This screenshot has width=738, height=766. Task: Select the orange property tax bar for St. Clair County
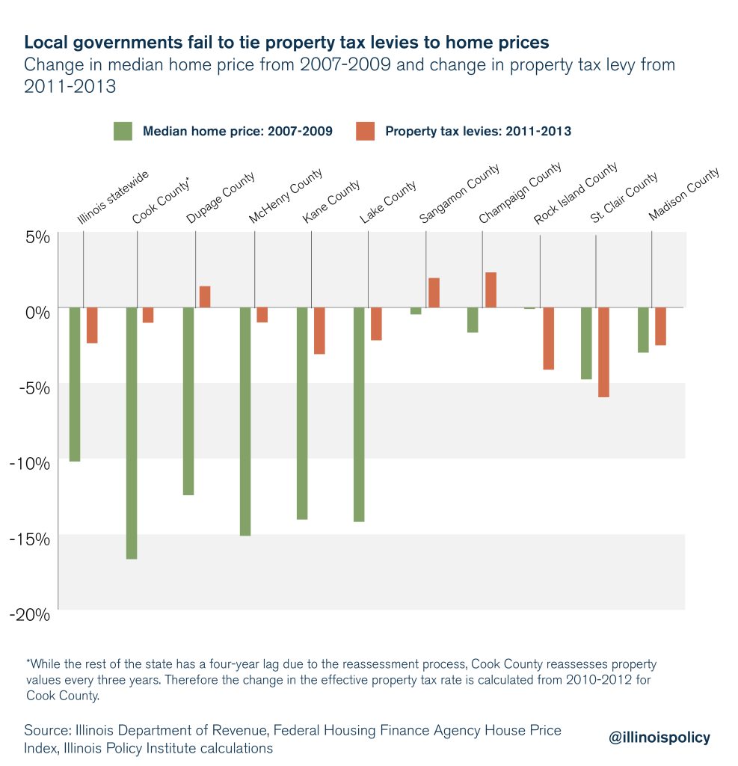(x=603, y=352)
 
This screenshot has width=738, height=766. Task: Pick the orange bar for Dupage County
(x=205, y=297)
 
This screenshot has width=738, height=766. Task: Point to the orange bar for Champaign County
(x=491, y=290)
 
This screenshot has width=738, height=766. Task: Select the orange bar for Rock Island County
(x=548, y=338)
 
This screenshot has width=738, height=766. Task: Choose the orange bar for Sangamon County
(x=434, y=292)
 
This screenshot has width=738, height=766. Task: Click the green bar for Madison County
(x=643, y=330)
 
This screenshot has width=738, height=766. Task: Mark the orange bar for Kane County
(x=319, y=331)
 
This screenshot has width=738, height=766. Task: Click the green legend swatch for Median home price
(x=123, y=131)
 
